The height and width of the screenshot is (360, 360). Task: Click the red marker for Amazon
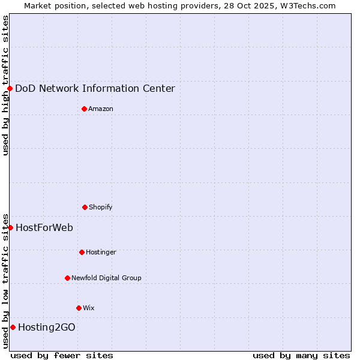84,109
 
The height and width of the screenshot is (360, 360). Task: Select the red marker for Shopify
85,207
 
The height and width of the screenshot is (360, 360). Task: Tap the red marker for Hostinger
82,252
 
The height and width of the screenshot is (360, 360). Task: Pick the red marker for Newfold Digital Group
67,278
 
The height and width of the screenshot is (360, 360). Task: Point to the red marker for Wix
79,308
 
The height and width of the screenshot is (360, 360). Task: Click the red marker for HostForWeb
10,227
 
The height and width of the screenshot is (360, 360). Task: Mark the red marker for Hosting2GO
13,327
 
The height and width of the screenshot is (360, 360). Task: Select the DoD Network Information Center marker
10,88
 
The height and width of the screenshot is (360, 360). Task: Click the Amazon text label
101,109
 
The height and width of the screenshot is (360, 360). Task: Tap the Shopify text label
101,207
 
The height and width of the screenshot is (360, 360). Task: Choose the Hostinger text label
101,252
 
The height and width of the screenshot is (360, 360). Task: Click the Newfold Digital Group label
106,278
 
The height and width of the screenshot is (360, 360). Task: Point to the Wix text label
89,308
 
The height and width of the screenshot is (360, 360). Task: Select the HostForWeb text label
44,227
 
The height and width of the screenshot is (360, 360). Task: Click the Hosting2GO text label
47,327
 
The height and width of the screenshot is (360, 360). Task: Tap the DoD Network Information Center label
95,88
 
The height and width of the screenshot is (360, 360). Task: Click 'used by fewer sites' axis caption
62,355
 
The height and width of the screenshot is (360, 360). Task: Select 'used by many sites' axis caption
301,355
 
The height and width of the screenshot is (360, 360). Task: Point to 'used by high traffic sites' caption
5,85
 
